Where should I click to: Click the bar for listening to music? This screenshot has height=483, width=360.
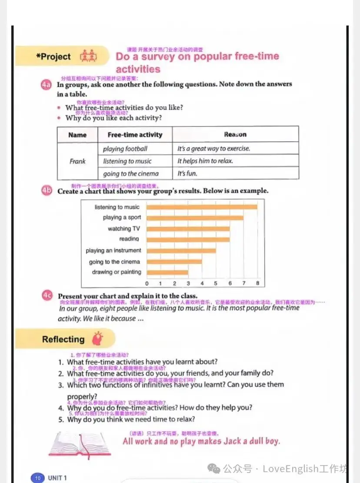click(x=202, y=207)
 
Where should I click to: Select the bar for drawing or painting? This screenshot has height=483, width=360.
click(x=167, y=273)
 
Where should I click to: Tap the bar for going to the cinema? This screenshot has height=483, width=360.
click(x=174, y=262)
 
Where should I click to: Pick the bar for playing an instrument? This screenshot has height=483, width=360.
click(x=181, y=250)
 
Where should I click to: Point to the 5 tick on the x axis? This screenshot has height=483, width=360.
click(x=216, y=283)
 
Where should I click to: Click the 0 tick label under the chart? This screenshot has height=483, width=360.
click(x=147, y=283)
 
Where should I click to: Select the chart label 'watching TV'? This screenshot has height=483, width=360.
click(x=124, y=229)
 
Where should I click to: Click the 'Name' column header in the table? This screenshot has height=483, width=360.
click(x=77, y=135)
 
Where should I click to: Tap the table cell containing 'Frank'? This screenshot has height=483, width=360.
click(x=77, y=161)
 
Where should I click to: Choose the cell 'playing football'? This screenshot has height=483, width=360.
click(x=125, y=149)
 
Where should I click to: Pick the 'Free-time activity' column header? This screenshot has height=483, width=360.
click(x=135, y=135)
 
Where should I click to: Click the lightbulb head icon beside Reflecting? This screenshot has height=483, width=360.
click(x=97, y=339)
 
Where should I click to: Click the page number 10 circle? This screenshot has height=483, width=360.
click(x=38, y=478)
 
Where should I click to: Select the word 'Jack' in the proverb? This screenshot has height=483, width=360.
click(x=232, y=441)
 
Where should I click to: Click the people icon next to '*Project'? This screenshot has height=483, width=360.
click(x=88, y=57)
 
